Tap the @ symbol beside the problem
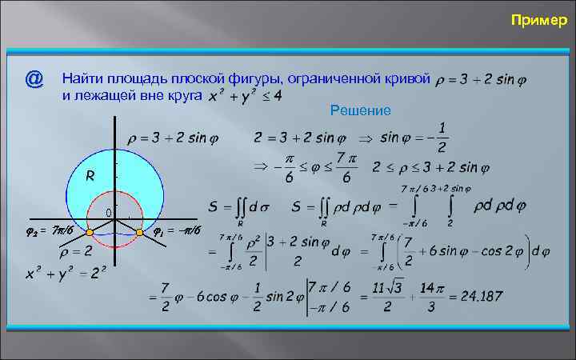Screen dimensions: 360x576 click(34, 79)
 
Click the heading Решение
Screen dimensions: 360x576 click(360, 110)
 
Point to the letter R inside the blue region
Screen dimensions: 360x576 click(91, 176)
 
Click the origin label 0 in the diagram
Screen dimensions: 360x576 click(108, 212)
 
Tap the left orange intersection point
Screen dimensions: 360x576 click(90, 232)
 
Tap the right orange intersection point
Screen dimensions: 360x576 click(139, 232)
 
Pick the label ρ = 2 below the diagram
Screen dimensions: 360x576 click(76, 250)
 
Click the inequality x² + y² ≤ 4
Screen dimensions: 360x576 click(243, 96)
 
